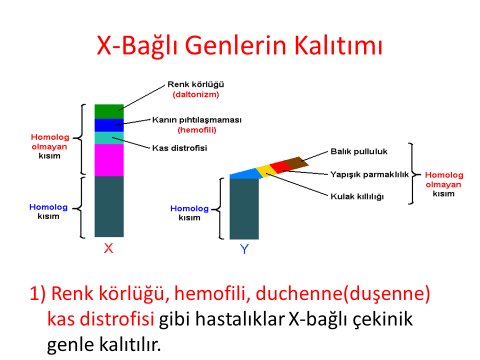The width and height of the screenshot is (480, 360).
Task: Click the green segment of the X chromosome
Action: click(109, 111)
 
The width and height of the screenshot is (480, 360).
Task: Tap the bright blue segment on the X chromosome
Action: click(109, 125)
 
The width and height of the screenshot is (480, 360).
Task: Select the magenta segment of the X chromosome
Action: click(109, 160)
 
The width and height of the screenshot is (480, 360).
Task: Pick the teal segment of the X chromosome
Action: click(109, 138)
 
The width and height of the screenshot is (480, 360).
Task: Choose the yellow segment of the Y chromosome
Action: click(266, 171)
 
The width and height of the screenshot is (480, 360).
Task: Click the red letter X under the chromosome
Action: click(108, 248)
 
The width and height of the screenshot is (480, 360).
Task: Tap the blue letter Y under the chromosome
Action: click(244, 249)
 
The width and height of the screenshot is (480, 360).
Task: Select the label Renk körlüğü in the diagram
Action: click(195, 84)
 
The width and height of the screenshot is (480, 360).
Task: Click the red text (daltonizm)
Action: click(196, 94)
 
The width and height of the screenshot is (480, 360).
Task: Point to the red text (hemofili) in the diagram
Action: click(197, 130)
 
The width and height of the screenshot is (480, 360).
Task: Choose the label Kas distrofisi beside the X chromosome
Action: click(179, 148)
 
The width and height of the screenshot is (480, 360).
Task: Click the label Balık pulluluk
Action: click(359, 151)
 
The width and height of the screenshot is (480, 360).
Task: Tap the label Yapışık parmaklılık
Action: click(369, 174)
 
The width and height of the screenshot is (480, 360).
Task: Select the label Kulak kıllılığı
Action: click(357, 196)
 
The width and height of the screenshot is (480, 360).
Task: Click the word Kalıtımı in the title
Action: click(338, 45)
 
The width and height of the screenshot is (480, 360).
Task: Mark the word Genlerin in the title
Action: click(235, 45)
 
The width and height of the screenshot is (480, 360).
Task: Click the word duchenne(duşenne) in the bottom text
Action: click(343, 293)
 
